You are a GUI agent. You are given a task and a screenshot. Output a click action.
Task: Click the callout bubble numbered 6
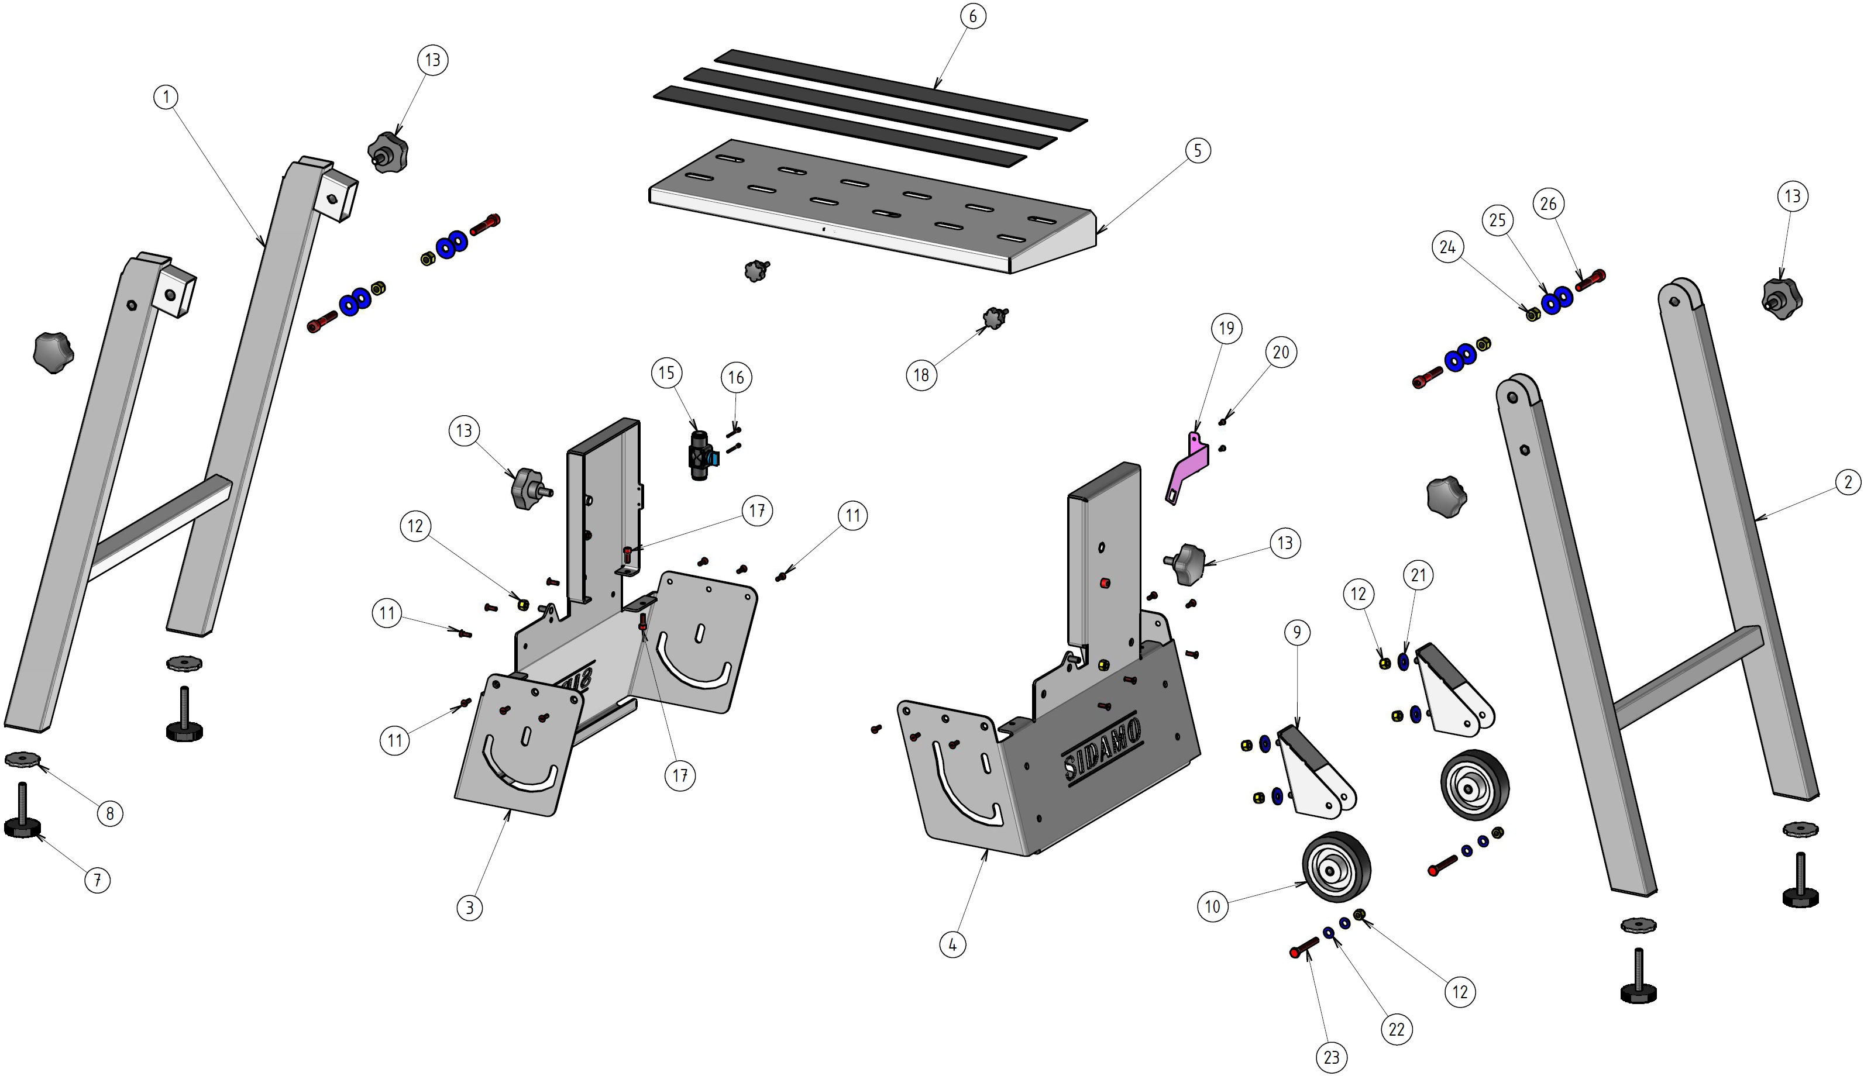(x=972, y=16)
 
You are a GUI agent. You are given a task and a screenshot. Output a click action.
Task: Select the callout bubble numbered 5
(x=1197, y=151)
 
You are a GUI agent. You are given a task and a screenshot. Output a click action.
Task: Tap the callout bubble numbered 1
(x=166, y=97)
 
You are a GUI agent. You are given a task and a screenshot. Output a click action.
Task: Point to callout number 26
(x=1548, y=204)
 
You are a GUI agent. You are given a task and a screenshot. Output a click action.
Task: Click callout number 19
(x=1226, y=328)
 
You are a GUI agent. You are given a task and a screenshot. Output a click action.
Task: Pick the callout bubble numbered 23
(x=1331, y=1057)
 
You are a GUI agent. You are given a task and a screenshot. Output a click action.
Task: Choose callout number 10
(x=1213, y=906)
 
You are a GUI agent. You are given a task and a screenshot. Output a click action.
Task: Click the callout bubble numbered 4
(x=952, y=944)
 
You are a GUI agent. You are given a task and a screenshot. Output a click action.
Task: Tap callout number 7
(x=97, y=880)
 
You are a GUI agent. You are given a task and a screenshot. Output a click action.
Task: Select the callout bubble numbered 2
(x=1848, y=483)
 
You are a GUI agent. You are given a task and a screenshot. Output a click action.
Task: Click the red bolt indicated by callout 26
(x=1590, y=280)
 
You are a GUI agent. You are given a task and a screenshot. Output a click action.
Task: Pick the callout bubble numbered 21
(x=1418, y=575)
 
